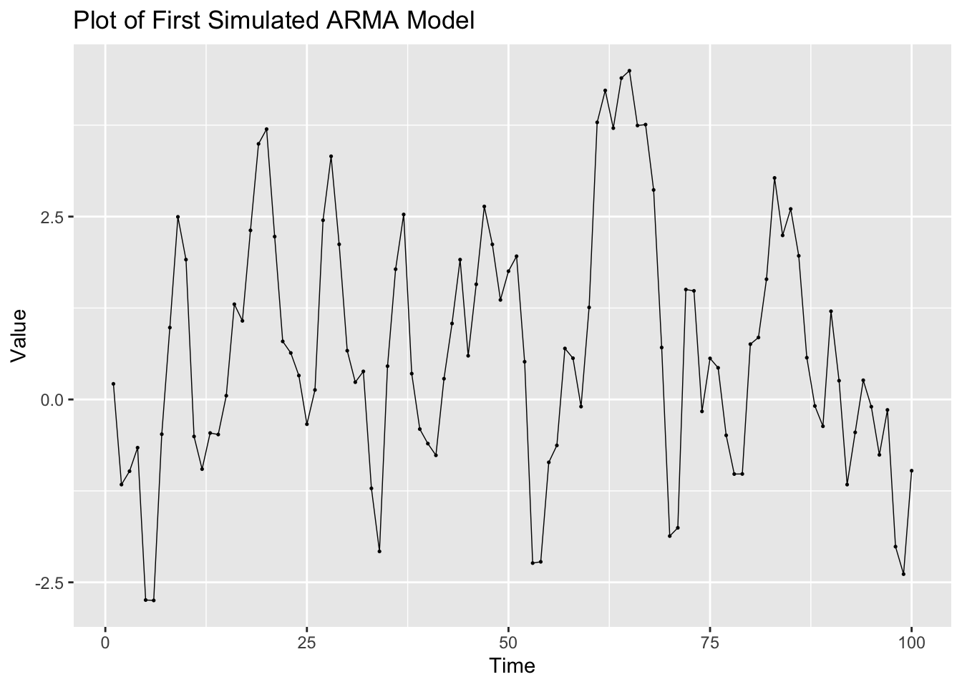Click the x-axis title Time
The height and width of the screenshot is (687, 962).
pos(512,666)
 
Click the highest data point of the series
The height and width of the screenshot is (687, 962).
pos(629,71)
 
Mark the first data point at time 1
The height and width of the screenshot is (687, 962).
pos(113,384)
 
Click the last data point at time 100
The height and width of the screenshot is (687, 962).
pos(911,471)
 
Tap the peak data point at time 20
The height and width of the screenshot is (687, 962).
pos(266,129)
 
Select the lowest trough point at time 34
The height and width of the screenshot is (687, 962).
pos(379,551)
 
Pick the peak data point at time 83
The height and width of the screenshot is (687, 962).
pos(774,177)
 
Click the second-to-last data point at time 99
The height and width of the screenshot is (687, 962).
pos(903,574)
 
